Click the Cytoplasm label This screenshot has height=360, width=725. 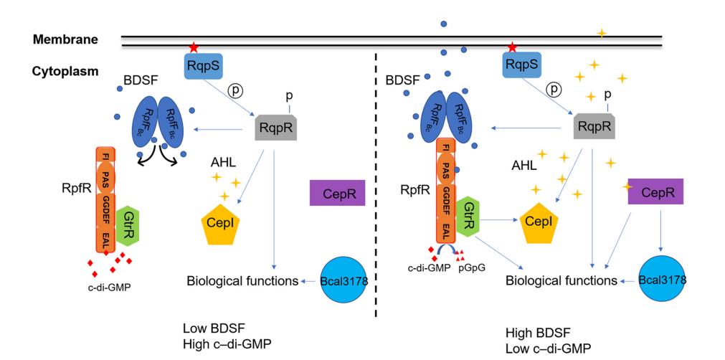tap(67, 72)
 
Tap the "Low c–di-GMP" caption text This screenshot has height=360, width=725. tap(549, 349)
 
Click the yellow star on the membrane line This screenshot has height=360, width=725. tap(601, 33)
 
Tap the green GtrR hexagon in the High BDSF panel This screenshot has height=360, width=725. tap(468, 218)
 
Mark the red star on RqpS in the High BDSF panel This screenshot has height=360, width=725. tap(512, 47)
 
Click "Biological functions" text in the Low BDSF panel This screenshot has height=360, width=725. tap(242, 280)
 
